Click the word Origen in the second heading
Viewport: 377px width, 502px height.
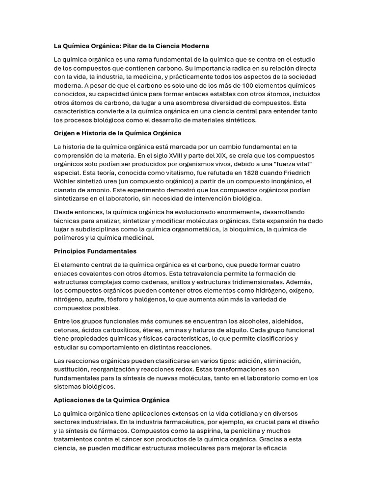(64, 133)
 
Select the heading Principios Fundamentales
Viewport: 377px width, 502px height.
(95, 251)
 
